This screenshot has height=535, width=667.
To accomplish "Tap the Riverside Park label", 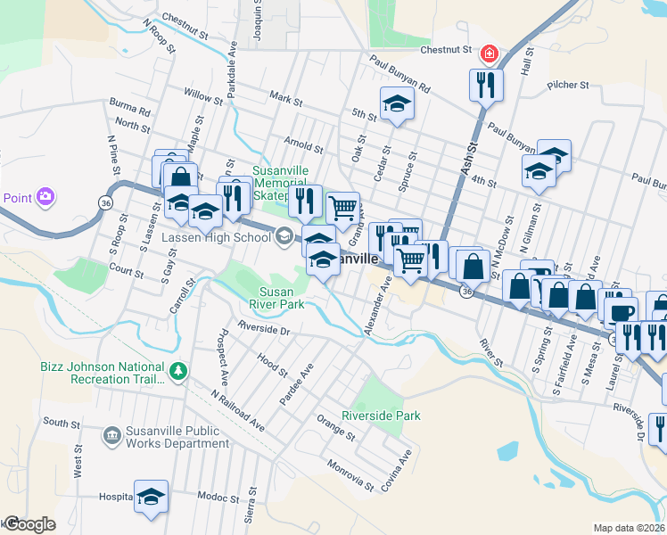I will (x=381, y=416).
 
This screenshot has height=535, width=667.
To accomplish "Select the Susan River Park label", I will (x=282, y=298).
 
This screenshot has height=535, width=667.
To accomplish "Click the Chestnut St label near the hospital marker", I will (x=445, y=50).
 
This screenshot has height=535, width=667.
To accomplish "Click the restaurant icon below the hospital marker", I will (x=487, y=86).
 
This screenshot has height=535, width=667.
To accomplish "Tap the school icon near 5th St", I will (x=397, y=104).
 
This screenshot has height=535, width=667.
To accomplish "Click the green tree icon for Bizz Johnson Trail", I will (x=179, y=370).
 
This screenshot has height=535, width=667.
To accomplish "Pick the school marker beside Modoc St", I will (x=151, y=496).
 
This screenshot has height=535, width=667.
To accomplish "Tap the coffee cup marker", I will (x=621, y=312).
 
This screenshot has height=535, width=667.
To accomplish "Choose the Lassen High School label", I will (x=216, y=237).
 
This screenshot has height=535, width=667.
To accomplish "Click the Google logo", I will (x=29, y=524).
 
